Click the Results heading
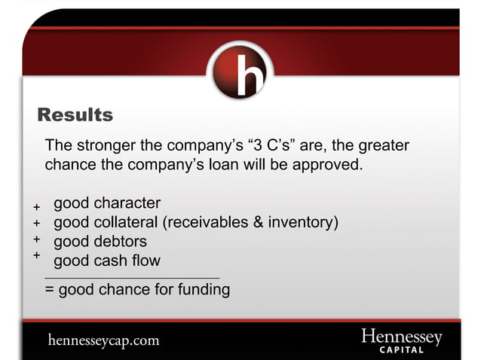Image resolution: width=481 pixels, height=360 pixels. [75, 115]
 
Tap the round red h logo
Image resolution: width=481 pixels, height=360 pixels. [240, 72]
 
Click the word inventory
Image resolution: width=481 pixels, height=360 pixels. [301, 223]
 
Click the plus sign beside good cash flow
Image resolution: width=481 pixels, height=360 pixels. [36, 255]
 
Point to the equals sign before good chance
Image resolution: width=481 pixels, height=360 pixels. [50, 289]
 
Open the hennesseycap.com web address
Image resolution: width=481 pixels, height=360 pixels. [103, 340]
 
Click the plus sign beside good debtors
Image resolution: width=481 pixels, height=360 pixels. [36, 239]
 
